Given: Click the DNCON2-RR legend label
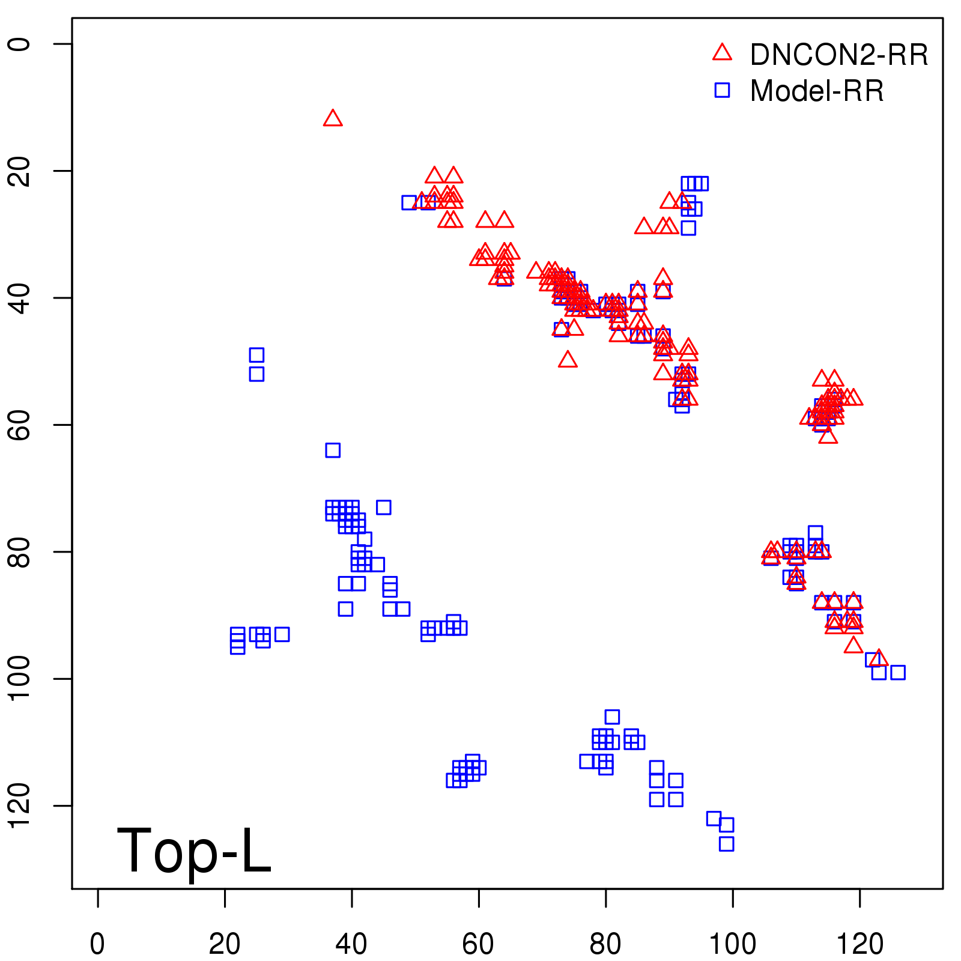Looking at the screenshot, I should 838,55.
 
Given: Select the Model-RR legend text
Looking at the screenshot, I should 816,91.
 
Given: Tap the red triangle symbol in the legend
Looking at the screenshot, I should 722,53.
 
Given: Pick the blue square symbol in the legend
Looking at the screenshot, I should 722,90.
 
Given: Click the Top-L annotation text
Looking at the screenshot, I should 193,850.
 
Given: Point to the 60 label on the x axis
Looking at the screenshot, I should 479,944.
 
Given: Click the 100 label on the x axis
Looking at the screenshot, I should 733,944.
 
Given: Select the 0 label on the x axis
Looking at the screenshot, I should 97,944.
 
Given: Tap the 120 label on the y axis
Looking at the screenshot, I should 19,805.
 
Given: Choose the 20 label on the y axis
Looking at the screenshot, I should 19,171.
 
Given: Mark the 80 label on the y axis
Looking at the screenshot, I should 19,551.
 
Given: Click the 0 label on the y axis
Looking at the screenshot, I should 19,44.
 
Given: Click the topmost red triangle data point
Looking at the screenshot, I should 333,119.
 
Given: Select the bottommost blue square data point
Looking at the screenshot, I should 726,844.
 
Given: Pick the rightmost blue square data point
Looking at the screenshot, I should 897,673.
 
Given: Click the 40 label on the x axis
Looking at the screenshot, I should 351,944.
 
